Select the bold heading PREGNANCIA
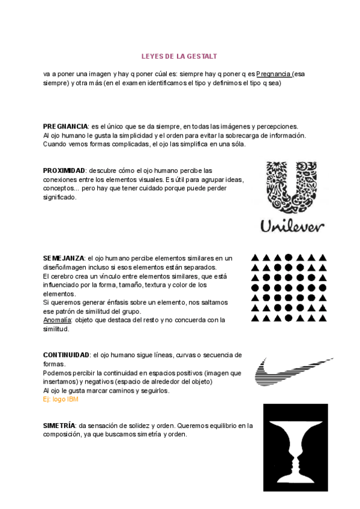[65, 127]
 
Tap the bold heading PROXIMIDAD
[64, 171]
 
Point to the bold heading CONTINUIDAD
[67, 355]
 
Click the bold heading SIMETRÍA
[59, 426]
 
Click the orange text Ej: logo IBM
[61, 399]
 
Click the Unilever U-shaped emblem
[292, 187]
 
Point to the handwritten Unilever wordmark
[292, 226]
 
